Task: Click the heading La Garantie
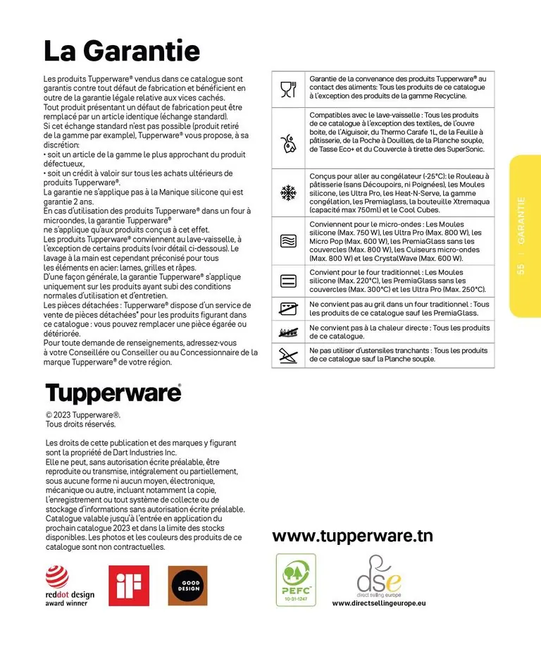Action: click(x=121, y=51)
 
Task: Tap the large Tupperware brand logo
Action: click(x=113, y=393)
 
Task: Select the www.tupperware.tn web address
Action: click(x=352, y=536)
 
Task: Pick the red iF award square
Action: click(x=129, y=585)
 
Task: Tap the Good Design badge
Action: click(x=187, y=585)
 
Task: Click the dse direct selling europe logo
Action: click(x=378, y=576)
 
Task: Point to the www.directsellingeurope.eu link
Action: click(x=379, y=603)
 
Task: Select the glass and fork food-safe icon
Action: click(x=288, y=88)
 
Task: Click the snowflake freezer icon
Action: click(x=288, y=191)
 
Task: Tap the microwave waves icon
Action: click(x=288, y=241)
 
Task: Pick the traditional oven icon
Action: click(x=288, y=281)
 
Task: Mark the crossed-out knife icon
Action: click(x=288, y=355)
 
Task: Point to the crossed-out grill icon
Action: click(x=288, y=309)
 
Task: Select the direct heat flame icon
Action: click(x=288, y=331)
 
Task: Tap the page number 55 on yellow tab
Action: click(x=521, y=269)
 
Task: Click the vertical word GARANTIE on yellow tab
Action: click(x=521, y=221)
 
